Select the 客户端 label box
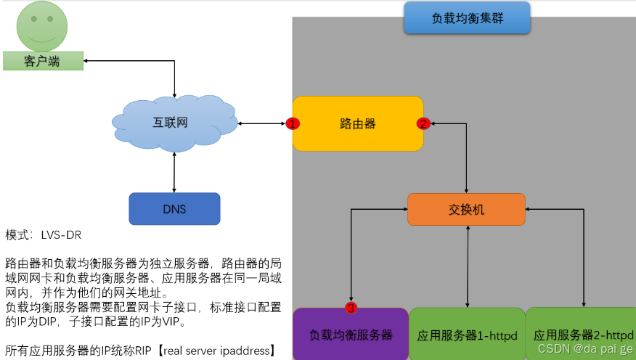pos(42,62)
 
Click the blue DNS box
pos(174,209)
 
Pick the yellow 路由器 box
pos(358,123)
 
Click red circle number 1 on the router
pos(293,123)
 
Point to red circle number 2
pos(423,123)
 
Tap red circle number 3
pos(351,308)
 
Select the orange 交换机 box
pos(466,210)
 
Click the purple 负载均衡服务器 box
pos(351,335)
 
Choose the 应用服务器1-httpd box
pos(467,335)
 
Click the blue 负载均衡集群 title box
pos(467,18)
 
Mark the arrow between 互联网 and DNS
pos(174,173)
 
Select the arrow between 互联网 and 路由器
pos(261,123)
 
